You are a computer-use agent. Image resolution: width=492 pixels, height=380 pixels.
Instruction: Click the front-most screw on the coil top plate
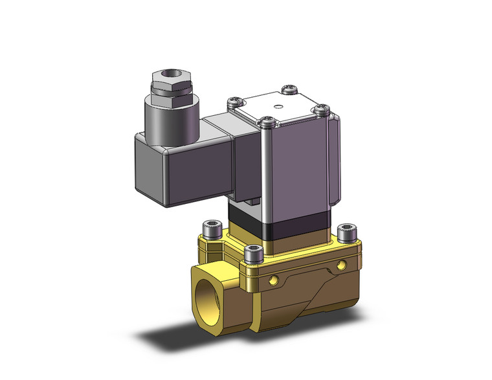265,121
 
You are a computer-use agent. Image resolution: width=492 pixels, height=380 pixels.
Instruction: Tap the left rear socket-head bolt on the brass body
210,228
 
